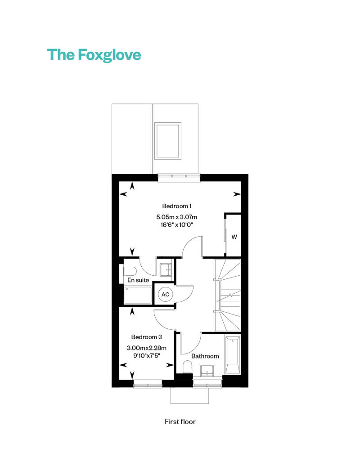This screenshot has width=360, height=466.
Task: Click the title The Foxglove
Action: [94, 55]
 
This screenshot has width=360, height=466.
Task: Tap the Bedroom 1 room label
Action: [176, 206]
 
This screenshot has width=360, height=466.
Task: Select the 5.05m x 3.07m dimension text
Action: [176, 217]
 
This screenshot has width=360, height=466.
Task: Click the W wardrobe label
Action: [234, 237]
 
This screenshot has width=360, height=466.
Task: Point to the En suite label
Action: [138, 280]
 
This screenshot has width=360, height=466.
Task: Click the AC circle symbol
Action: [165, 294]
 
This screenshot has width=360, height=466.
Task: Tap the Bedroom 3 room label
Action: [146, 337]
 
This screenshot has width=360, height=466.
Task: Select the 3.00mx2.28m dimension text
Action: [146, 348]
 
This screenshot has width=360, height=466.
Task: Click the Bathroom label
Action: [205, 356]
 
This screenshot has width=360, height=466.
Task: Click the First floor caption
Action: [180, 421]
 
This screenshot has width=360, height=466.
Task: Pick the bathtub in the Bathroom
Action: [233, 355]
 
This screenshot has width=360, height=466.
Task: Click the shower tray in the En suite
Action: [138, 296]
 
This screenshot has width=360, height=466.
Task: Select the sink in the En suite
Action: [166, 270]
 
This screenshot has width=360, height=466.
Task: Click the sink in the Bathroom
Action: [207, 371]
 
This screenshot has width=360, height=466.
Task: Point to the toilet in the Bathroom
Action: [187, 367]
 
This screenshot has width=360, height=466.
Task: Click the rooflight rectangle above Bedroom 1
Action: [168, 141]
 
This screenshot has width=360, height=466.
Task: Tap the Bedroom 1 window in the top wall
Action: [179, 178]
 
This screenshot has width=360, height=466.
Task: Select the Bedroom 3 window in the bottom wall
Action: [148, 384]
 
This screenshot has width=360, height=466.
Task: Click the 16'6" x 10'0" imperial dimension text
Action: [176, 225]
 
